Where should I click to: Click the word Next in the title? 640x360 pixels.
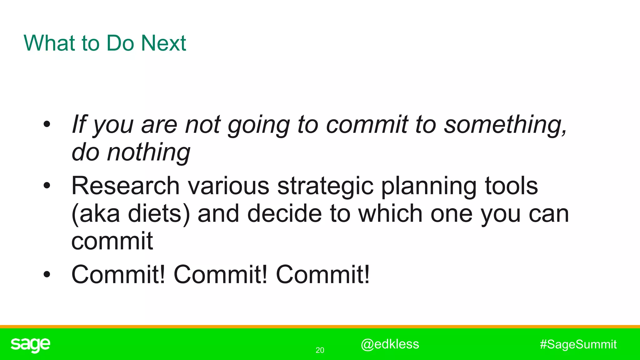pos(163,43)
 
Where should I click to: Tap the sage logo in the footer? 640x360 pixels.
pos(30,344)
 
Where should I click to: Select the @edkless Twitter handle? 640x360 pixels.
pos(390,344)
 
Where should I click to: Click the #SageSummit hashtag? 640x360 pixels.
pos(578,344)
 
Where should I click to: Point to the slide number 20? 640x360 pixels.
pos(320,350)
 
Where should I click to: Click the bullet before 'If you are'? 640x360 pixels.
pos(47,124)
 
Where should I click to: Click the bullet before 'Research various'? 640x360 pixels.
pos(47,186)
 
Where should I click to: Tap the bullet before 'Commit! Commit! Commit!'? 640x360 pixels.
pos(47,274)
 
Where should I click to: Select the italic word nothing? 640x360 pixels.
pos(148,152)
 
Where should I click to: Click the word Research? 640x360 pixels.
pos(125,186)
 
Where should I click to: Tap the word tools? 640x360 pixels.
pos(511,186)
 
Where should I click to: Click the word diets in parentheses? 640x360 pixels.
pos(155,214)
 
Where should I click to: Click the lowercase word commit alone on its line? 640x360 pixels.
pos(112,241)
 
